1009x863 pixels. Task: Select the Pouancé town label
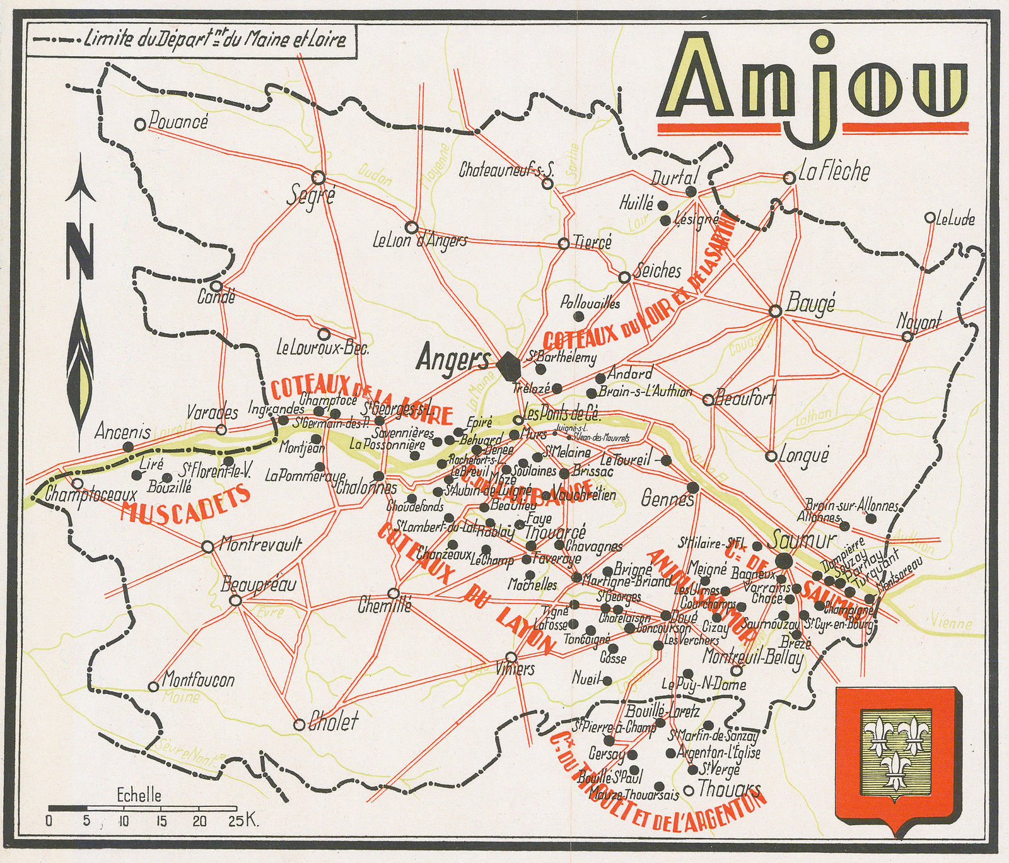(x=178, y=122)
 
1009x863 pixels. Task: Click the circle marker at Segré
(x=318, y=177)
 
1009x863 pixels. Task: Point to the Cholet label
(x=333, y=722)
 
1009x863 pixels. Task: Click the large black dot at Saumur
(x=784, y=560)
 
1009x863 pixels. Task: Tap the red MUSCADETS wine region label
(x=184, y=505)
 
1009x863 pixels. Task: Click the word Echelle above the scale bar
(x=139, y=796)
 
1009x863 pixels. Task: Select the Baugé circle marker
(x=776, y=311)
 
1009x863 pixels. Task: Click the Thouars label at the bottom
(x=729, y=789)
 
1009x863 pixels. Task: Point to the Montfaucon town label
(x=198, y=680)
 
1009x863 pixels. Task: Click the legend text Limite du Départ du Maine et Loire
(x=214, y=40)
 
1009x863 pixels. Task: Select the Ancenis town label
(x=123, y=432)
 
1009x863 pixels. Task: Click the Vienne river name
(x=951, y=623)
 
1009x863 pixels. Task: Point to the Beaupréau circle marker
(x=236, y=601)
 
